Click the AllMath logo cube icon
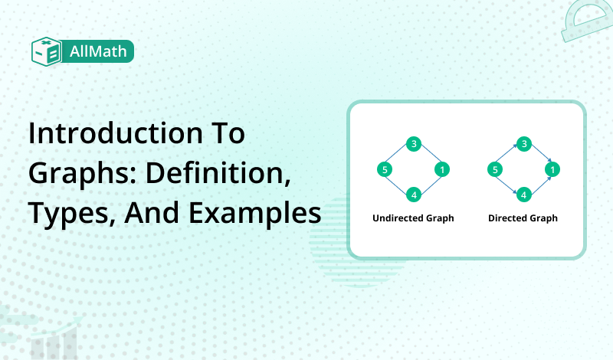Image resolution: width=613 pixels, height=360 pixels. pyautogui.click(x=46, y=51)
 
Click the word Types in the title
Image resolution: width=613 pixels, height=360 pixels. pyautogui.click(x=64, y=214)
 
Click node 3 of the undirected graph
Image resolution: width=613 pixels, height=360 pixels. pyautogui.click(x=414, y=144)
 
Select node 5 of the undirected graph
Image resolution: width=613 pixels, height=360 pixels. pyautogui.click(x=385, y=169)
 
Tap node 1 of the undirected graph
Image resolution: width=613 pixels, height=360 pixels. pyautogui.click(x=441, y=169)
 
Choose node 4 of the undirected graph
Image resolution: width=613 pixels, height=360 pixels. pyautogui.click(x=414, y=195)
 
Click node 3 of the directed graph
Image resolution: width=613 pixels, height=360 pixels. pyautogui.click(x=523, y=144)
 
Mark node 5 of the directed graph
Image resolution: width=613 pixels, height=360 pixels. pyautogui.click(x=495, y=169)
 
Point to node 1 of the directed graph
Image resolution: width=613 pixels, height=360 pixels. pyautogui.click(x=551, y=169)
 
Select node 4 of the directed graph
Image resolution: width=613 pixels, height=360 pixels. pyautogui.click(x=523, y=195)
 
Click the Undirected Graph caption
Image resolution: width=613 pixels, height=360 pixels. pyautogui.click(x=413, y=218)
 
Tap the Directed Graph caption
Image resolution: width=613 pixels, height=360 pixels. pyautogui.click(x=523, y=218)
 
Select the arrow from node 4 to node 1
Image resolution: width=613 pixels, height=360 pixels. pyautogui.click(x=538, y=182)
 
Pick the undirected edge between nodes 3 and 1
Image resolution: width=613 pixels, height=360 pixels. pyautogui.click(x=428, y=156)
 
